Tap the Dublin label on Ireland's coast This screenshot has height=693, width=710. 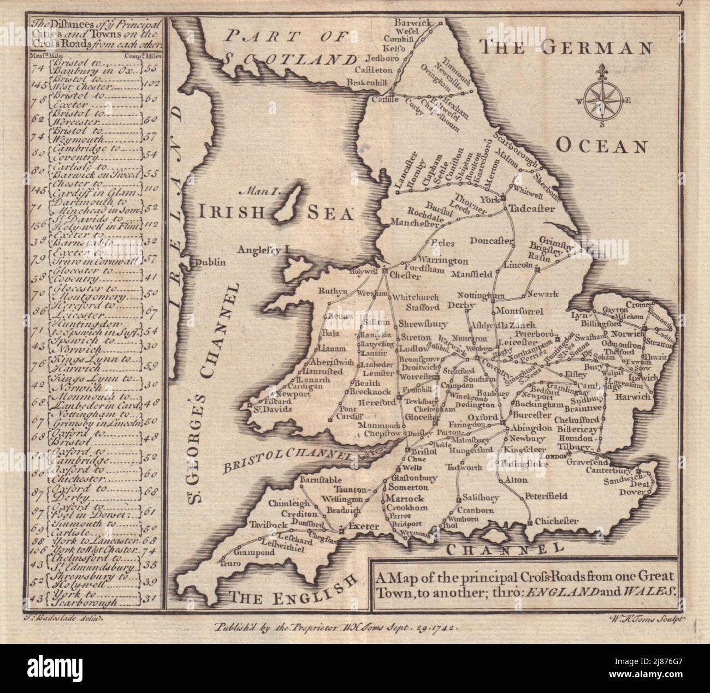[210, 262]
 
